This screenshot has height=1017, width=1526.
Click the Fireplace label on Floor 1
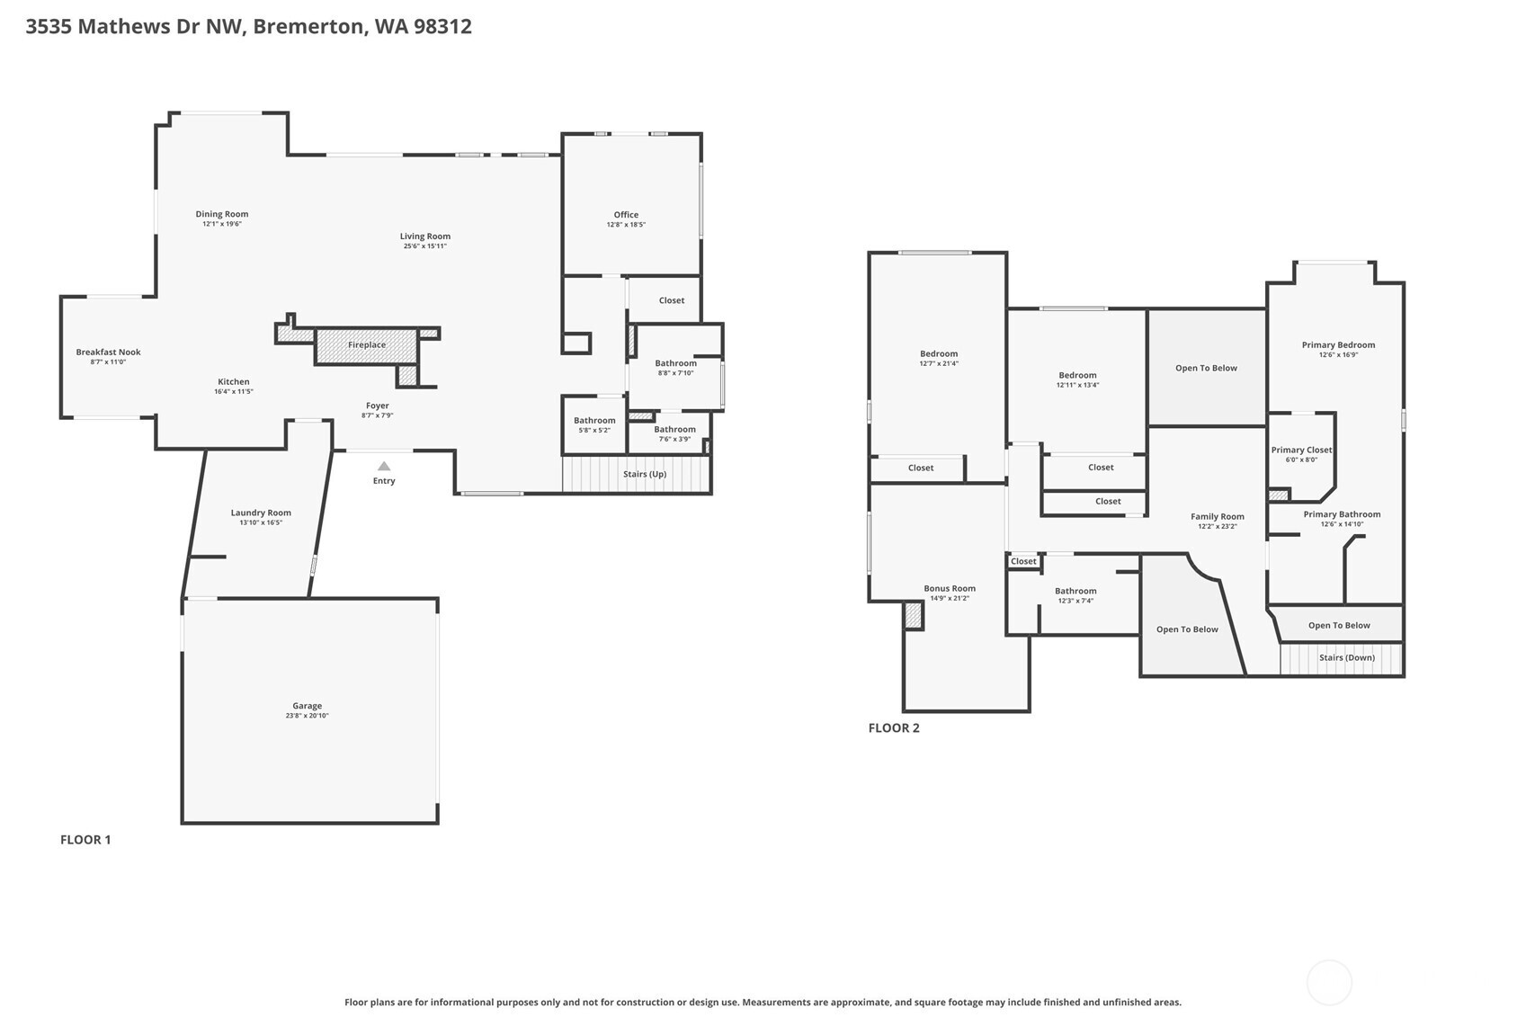(367, 345)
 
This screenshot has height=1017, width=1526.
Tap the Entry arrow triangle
(384, 466)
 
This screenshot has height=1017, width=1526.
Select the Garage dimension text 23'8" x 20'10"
(307, 716)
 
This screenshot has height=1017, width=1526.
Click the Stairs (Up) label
(645, 474)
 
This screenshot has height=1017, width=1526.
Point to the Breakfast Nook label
(108, 352)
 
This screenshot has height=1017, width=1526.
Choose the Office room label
(626, 215)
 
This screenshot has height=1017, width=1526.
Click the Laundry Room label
(261, 513)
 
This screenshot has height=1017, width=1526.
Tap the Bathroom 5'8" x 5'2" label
(594, 421)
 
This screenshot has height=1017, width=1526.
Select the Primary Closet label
(1301, 450)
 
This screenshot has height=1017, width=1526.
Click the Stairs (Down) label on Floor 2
(1346, 657)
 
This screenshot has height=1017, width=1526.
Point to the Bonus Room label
(950, 588)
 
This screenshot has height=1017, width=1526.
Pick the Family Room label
(1218, 516)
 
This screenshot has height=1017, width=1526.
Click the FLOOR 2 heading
(894, 728)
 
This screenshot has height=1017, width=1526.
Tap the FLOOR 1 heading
(85, 840)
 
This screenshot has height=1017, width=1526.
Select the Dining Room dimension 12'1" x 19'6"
(222, 224)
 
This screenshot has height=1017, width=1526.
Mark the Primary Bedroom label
(1338, 344)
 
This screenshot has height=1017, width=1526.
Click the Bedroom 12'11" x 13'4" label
(1077, 375)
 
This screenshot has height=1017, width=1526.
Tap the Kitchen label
(233, 381)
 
